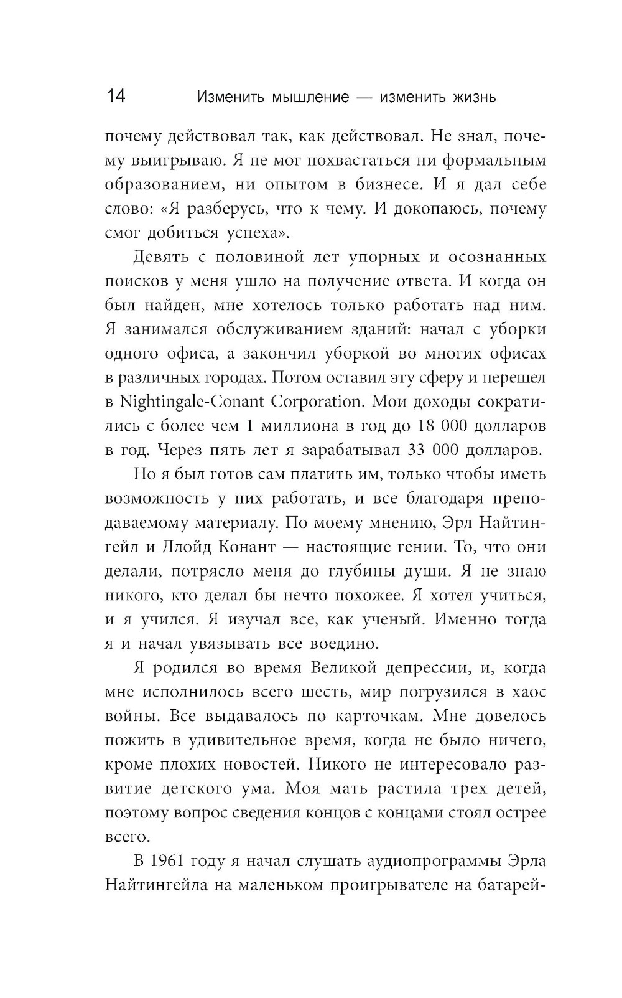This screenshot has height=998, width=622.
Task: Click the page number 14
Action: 116,97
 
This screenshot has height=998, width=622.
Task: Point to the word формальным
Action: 494,160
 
